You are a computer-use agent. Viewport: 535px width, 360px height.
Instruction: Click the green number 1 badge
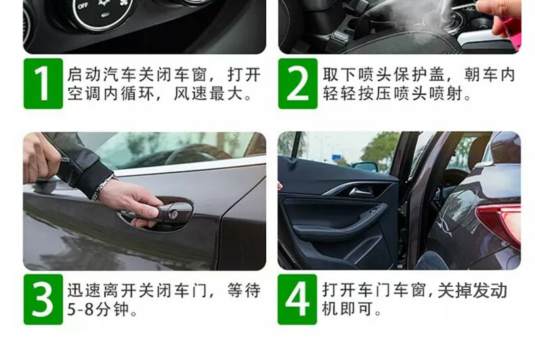click(x=43, y=84)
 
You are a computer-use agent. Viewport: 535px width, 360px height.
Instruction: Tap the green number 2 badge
click(x=297, y=84)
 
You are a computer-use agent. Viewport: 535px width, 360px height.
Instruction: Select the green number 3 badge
click(x=43, y=299)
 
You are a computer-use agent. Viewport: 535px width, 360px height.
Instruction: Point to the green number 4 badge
click(x=297, y=299)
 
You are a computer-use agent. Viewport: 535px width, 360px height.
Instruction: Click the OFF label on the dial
click(x=83, y=4)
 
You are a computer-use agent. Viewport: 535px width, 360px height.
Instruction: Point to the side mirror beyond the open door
click(x=365, y=166)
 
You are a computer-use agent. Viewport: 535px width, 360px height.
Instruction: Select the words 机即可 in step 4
click(x=345, y=311)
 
